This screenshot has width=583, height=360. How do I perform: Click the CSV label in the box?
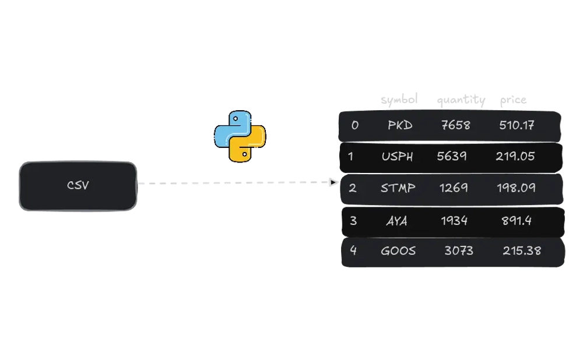coord(78,186)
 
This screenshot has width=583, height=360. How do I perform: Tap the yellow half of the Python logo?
coord(250,146)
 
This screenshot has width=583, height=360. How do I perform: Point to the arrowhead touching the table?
coord(333,184)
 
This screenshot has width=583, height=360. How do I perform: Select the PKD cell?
coord(400,125)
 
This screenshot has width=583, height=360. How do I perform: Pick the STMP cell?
coord(398,188)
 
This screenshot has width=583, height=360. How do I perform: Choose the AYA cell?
coord(398,221)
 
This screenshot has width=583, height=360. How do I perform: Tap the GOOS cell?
coord(398,251)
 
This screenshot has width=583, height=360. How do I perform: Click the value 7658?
coord(455,125)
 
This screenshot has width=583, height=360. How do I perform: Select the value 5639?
coord(452,156)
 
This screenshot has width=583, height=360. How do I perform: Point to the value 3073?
coord(459,251)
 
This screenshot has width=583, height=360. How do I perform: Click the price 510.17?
coord(517,125)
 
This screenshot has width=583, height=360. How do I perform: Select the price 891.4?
coord(517,221)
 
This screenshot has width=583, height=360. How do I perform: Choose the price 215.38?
coord(522,251)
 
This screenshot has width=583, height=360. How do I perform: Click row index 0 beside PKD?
coord(355,125)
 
